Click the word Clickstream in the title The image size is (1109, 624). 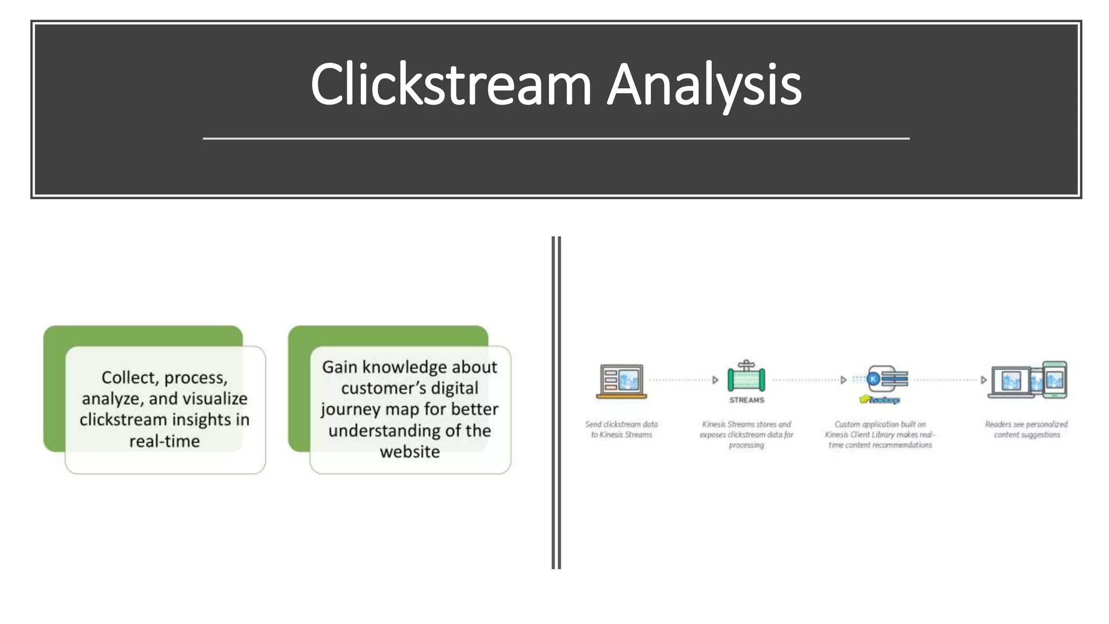coord(451,85)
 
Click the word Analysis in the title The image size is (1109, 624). coord(704,85)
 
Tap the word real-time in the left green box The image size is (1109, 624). coord(165,441)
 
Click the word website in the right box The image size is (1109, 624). coord(410,451)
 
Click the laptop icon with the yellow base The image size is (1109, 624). coord(621,381)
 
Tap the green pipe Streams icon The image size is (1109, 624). coord(746,377)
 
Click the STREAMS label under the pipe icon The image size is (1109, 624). coord(747,400)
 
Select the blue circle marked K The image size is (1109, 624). coord(873,379)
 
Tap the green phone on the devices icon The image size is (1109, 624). coord(1054,379)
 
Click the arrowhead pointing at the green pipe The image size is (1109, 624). coord(715,380)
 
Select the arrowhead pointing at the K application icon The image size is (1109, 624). coord(843,380)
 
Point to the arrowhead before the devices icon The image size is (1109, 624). coord(983,380)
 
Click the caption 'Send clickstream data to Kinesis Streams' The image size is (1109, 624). coord(621,430)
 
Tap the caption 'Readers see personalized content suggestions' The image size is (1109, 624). coord(1026,430)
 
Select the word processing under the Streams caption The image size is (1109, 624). coord(746,445)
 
